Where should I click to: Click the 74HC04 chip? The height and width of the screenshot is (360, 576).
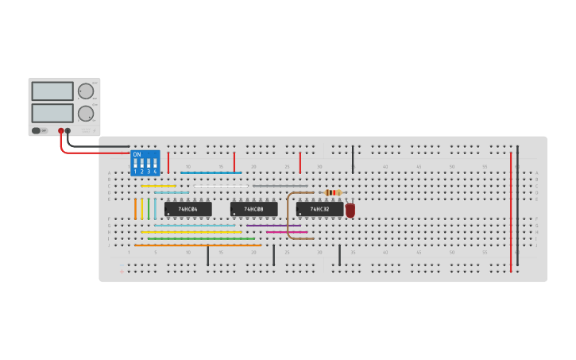(188, 209)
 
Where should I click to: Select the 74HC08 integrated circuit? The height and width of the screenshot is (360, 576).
(254, 209)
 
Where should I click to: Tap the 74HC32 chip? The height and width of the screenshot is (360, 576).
(320, 209)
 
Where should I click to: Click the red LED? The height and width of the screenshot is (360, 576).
(350, 210)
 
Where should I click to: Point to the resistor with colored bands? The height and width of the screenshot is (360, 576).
(333, 192)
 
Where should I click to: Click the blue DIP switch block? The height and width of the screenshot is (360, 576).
(145, 163)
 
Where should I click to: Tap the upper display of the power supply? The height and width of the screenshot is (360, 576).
(52, 91)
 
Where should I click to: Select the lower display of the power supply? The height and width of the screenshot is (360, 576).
(52, 113)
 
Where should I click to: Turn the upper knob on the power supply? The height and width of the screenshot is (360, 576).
(85, 91)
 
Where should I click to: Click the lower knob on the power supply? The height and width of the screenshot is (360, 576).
(85, 114)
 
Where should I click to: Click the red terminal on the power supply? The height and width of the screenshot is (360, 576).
(61, 130)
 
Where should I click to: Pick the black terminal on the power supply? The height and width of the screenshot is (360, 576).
(68, 130)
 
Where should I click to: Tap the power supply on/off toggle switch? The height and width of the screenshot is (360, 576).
(37, 130)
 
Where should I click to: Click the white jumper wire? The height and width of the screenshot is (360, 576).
(221, 186)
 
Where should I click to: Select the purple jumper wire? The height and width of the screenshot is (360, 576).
(273, 226)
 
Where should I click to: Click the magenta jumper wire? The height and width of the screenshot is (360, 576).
(286, 232)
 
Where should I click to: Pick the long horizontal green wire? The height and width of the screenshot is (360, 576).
(201, 238)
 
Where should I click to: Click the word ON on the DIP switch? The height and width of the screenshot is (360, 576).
(137, 154)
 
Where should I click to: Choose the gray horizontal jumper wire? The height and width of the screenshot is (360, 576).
(280, 186)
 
